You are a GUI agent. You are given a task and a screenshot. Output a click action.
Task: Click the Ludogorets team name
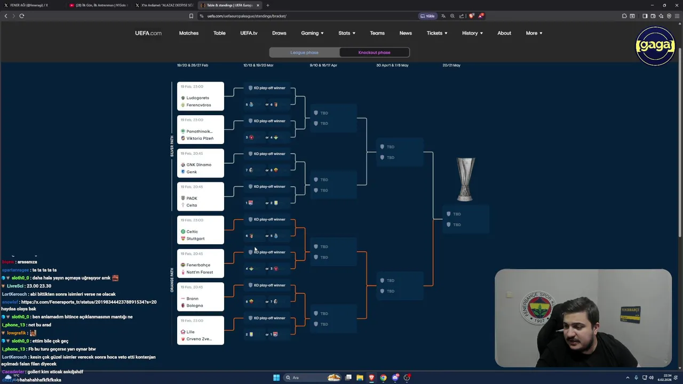coord(197,98)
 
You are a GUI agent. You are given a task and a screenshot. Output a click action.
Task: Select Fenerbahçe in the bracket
coord(198,265)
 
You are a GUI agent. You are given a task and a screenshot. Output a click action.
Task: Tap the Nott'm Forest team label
coord(199,272)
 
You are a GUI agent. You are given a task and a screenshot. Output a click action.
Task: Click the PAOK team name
coord(192,198)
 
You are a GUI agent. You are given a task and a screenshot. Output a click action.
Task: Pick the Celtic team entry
coord(192,231)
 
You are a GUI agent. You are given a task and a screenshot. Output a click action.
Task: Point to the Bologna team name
coord(194,306)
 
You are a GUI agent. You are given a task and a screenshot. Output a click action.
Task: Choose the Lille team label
coord(190,332)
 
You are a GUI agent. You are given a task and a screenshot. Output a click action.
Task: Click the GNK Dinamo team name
coord(198,165)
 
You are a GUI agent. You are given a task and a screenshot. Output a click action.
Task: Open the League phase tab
coord(304,52)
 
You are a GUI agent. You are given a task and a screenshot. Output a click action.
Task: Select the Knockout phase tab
coord(374,52)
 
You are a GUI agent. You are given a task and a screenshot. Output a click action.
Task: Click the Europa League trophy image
coord(465,179)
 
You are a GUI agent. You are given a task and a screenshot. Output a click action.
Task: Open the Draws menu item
coord(279,33)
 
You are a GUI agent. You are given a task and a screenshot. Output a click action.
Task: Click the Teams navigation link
coord(377,33)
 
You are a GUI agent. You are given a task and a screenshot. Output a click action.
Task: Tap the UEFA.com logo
coord(148,33)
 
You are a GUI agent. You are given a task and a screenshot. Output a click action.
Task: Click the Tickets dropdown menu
coord(436,33)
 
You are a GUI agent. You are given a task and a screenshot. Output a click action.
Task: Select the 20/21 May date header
coord(451,65)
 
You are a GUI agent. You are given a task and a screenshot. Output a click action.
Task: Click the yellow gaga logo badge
coord(655,46)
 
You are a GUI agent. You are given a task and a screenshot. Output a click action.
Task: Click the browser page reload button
coord(22,16)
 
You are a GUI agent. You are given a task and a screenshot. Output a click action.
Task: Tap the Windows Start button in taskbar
coord(276,378)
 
